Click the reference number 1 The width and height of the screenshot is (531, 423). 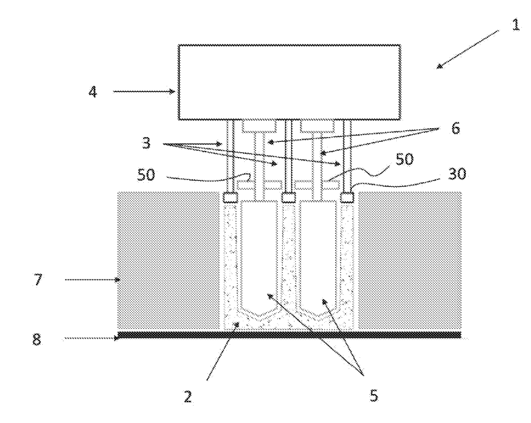tap(515, 25)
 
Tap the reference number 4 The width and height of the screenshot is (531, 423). tap(93, 92)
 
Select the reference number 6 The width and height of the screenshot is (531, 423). tap(456, 129)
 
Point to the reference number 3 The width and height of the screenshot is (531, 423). tap(146, 143)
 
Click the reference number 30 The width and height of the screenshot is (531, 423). tap(457, 174)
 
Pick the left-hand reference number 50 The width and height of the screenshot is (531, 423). tap(146, 174)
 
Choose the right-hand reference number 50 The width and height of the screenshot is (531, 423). tap(404, 159)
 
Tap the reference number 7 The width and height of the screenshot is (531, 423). tap(37, 280)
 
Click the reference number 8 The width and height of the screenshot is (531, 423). tap(37, 339)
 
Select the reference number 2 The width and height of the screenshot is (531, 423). tap(187, 397)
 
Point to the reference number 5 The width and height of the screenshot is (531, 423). tap(373, 395)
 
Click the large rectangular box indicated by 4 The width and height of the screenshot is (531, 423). tap(290, 82)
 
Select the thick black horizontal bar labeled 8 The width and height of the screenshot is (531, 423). tap(289, 335)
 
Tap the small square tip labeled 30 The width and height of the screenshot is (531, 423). tap(347, 197)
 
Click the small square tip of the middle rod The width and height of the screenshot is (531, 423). tap(289, 197)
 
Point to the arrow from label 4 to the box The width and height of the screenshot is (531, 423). tap(145, 91)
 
